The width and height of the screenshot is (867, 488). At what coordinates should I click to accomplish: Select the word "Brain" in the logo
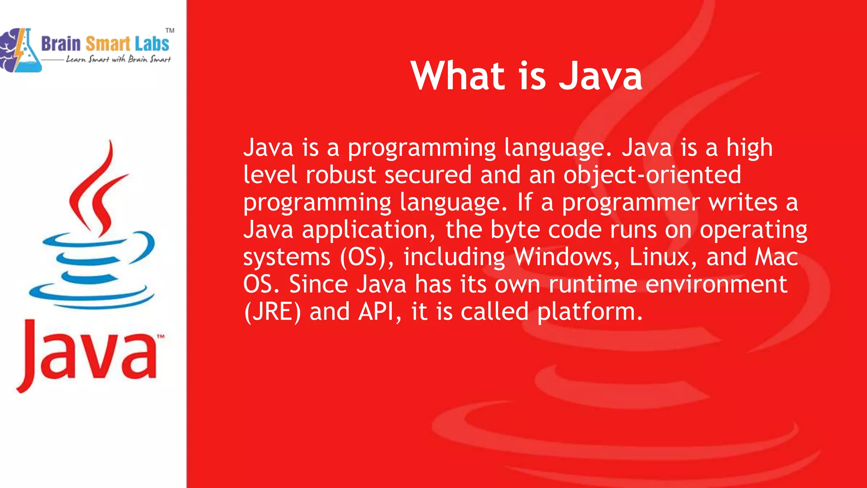point(61,44)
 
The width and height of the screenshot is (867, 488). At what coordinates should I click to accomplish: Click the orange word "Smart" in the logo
point(108,44)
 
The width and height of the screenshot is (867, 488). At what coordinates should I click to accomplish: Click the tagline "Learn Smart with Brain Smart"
point(118,59)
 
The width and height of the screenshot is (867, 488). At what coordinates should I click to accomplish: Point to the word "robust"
point(341,175)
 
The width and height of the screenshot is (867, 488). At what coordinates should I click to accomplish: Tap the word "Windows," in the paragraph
point(566,257)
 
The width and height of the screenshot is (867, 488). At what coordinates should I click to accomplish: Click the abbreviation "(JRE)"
point(273,312)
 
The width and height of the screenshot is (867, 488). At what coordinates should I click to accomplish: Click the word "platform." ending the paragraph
point(590,313)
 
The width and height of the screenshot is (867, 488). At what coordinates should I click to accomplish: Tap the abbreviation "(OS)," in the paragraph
point(367,258)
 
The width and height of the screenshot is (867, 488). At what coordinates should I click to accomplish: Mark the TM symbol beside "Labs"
point(170,30)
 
